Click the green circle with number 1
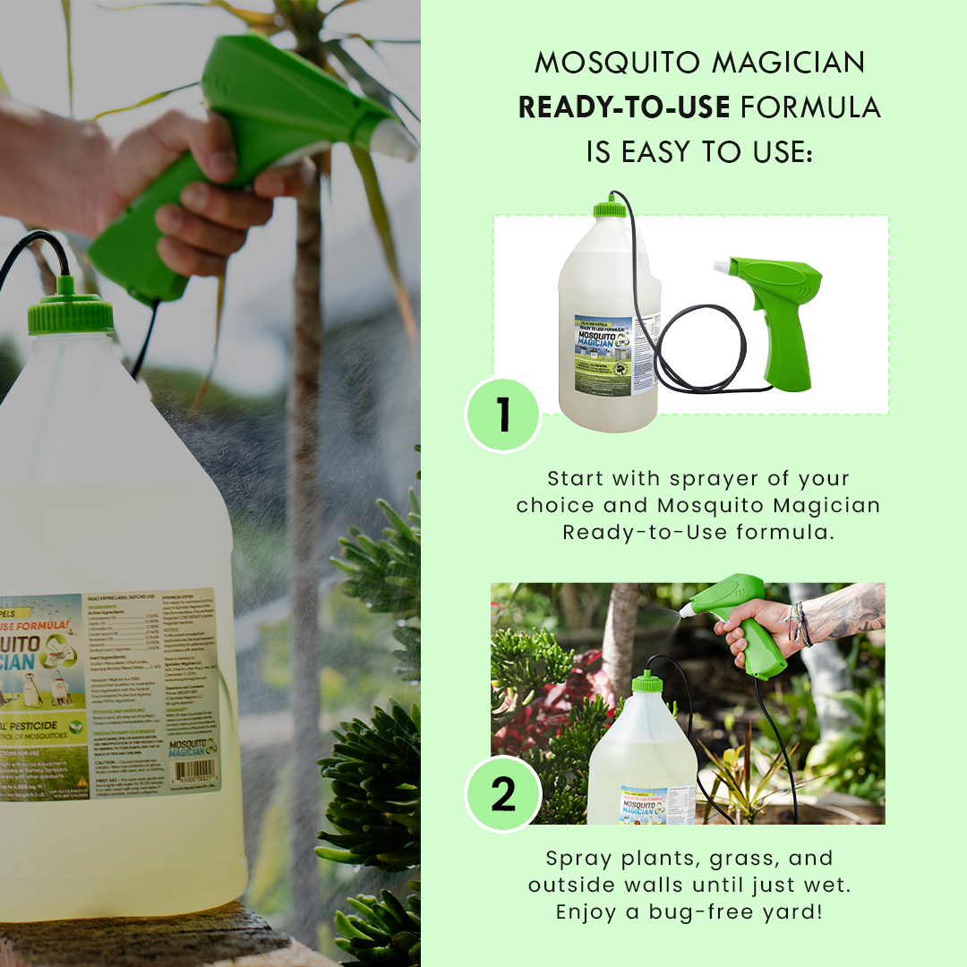503,414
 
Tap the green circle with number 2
503,794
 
